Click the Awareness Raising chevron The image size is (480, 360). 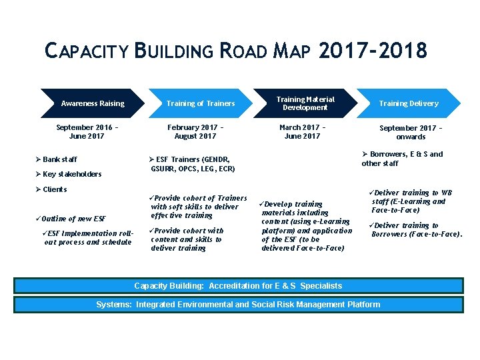pos(93,103)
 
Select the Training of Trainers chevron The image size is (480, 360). pos(201,103)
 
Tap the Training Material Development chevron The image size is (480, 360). pos(305,103)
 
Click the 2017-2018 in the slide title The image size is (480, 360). pos(373,51)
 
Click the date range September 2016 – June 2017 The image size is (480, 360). pos(83,131)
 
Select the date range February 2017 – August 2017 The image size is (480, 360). pos(195,131)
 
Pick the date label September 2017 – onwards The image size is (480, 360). pos(411,132)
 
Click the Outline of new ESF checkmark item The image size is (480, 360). pos(73,219)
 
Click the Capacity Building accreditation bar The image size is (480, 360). pos(238,286)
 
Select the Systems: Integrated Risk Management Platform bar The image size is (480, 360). pos(238,305)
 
